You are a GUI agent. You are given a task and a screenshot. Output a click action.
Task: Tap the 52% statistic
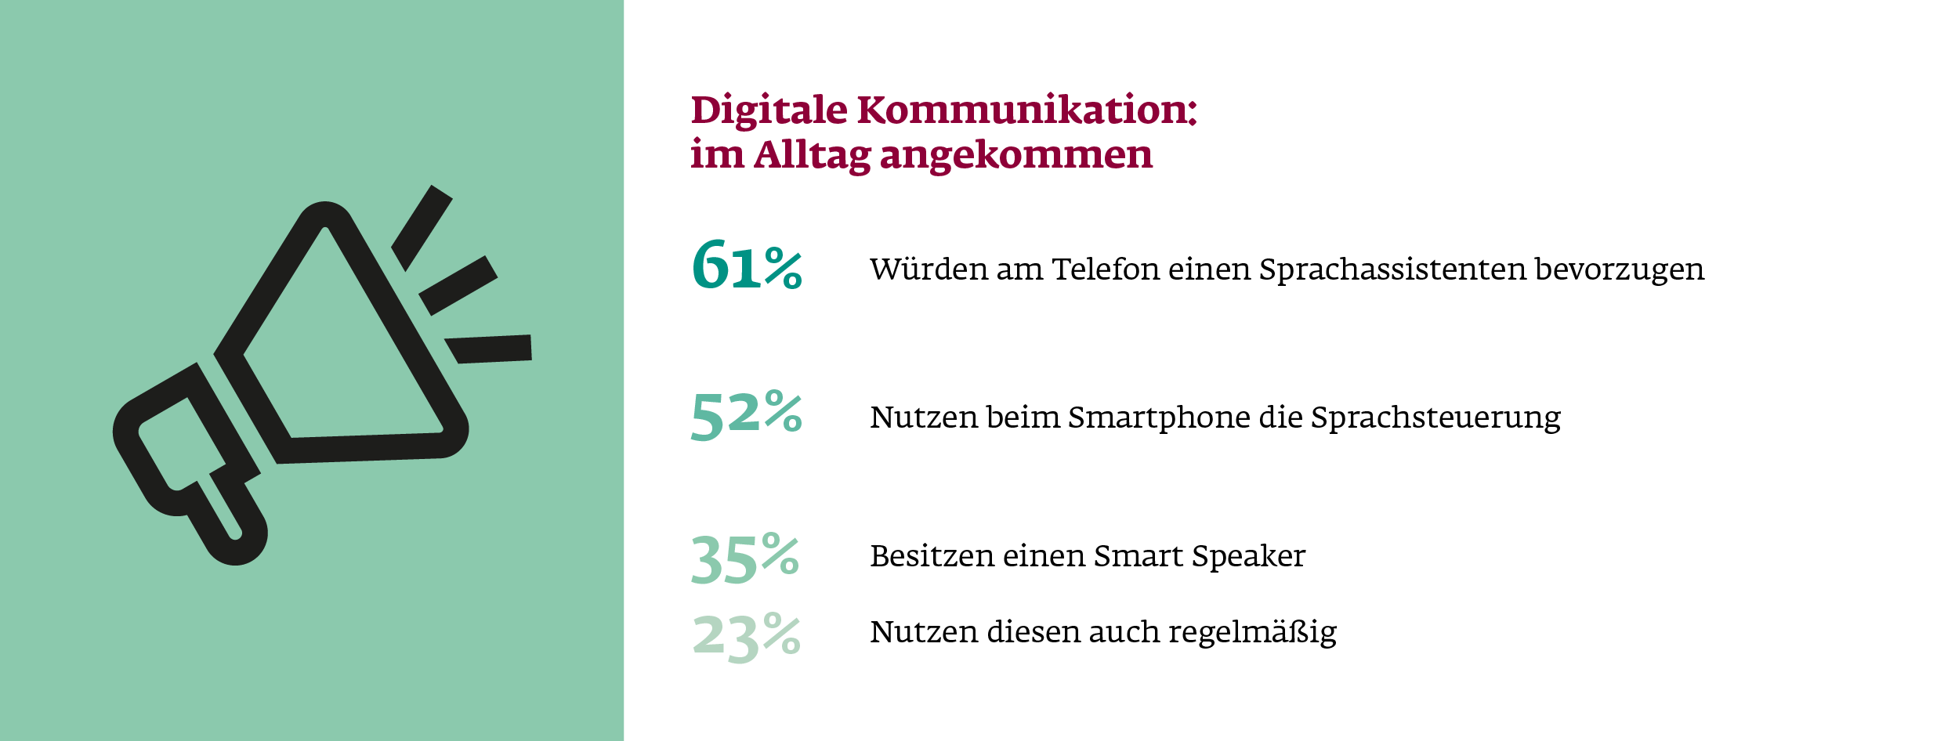click(x=746, y=414)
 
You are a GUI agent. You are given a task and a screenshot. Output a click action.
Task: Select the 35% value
click(x=744, y=558)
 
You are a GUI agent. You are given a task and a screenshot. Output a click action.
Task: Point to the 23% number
click(x=746, y=636)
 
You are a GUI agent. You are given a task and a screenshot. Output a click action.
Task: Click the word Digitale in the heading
click(x=769, y=110)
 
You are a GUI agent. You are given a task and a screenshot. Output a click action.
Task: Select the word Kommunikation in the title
click(x=1026, y=110)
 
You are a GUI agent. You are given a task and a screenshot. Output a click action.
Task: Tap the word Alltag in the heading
click(x=812, y=155)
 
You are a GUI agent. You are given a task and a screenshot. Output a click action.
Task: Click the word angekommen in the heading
click(x=1016, y=155)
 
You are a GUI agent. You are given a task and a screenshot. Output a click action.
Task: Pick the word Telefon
click(x=1106, y=269)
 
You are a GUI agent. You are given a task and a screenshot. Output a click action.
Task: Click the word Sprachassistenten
click(x=1392, y=269)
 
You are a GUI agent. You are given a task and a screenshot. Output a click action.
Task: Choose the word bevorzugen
click(x=1619, y=269)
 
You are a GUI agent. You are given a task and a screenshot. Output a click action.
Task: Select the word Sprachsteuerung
click(x=1435, y=417)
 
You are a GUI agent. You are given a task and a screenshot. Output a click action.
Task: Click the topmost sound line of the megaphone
click(x=422, y=228)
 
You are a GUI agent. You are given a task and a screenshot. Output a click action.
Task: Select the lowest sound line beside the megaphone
click(x=489, y=349)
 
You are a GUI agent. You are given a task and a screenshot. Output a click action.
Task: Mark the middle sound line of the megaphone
click(x=458, y=285)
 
